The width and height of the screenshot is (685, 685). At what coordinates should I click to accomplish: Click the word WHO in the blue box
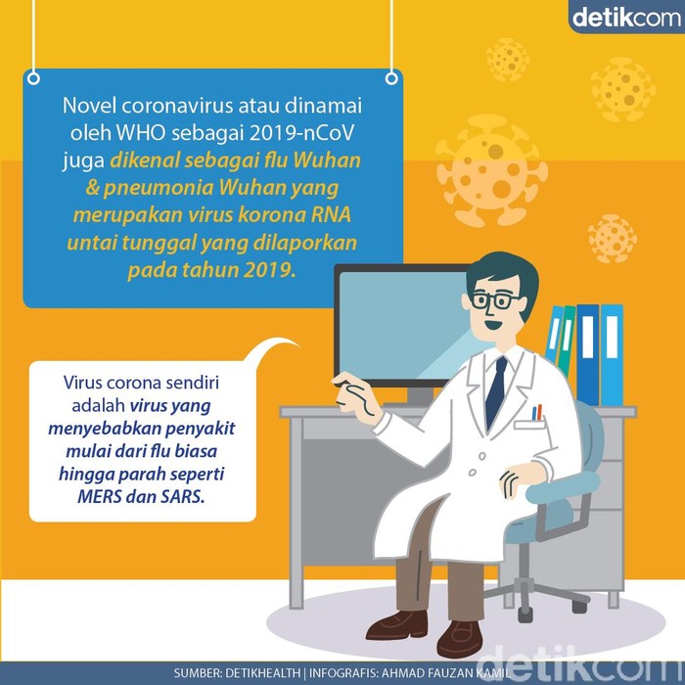pos(140,133)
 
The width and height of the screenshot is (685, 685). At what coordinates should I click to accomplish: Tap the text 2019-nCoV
pos(301,133)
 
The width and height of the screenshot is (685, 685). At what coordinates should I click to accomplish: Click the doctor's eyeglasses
pos(495,300)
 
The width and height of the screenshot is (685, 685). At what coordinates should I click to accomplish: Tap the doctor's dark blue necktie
pos(495,391)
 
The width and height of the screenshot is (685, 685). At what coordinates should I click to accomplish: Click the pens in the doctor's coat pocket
pos(537,412)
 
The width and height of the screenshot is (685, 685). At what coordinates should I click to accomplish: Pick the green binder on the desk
pos(567,340)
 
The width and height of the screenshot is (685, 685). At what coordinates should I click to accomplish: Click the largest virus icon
pos(491,171)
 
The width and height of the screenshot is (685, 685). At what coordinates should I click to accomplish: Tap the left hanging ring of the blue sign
pos(33,78)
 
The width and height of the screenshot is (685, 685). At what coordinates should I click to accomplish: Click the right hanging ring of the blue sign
pos(391,78)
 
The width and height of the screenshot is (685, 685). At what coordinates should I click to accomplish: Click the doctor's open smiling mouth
pos(492,326)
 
